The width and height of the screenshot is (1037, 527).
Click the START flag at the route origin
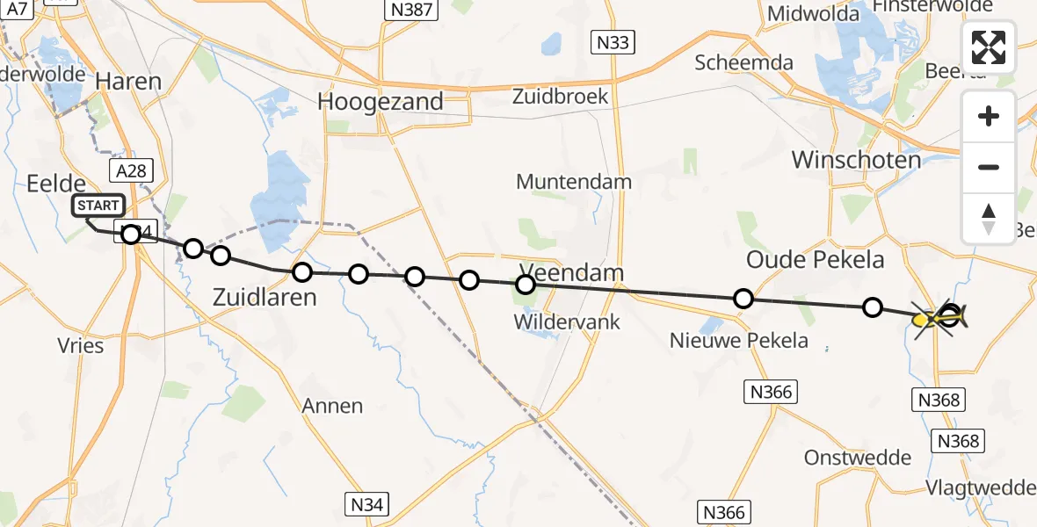(x=98, y=206)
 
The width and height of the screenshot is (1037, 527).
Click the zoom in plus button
(x=989, y=116)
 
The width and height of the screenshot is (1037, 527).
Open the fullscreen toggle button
(x=989, y=47)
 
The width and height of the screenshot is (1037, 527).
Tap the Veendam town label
(x=571, y=272)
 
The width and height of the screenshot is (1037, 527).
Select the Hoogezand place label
(x=381, y=102)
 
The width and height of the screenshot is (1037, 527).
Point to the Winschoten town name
(x=856, y=160)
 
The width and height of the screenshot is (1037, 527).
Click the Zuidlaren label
(x=265, y=298)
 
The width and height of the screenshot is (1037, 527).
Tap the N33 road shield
(x=613, y=43)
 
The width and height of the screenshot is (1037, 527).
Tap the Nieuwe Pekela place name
(x=739, y=340)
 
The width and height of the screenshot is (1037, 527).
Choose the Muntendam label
(x=574, y=183)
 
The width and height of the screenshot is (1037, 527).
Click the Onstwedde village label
(x=849, y=458)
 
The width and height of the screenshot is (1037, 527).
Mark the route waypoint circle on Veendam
(x=526, y=285)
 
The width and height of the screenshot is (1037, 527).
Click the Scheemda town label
(x=743, y=62)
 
